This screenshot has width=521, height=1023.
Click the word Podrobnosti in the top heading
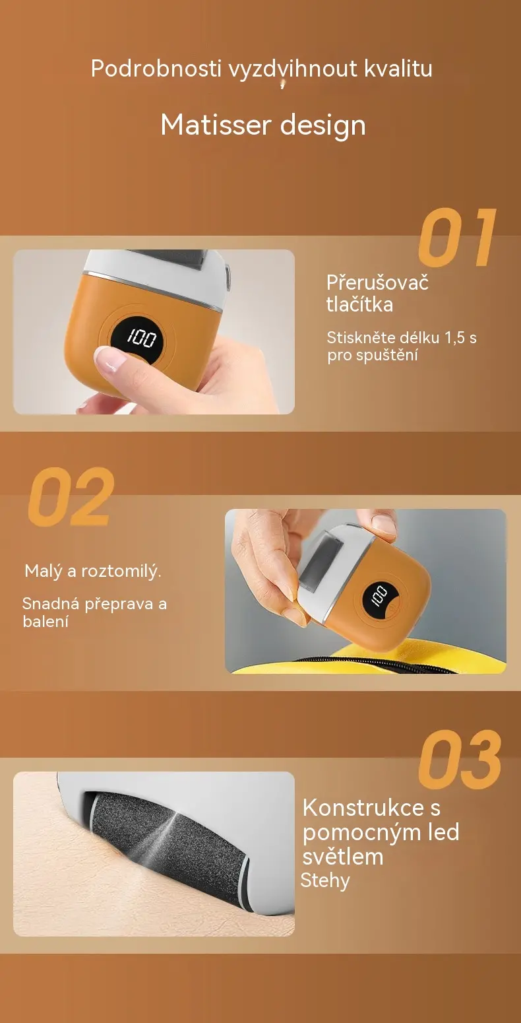pos(156,69)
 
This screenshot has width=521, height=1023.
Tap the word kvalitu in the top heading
pos(398,69)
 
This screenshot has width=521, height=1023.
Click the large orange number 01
pos(457,238)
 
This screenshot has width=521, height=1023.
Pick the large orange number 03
pos(460,760)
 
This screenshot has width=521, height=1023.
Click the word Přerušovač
pos(377,282)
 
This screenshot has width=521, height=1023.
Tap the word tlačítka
pos(359,304)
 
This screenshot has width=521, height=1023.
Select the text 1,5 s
pos(460,338)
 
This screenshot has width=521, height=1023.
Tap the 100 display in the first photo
pos(141,338)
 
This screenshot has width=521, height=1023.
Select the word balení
pos(46,621)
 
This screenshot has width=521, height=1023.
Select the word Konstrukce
pos(363,807)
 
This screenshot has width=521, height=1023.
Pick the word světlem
pos(343,857)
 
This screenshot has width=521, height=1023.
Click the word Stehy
pos(325,880)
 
